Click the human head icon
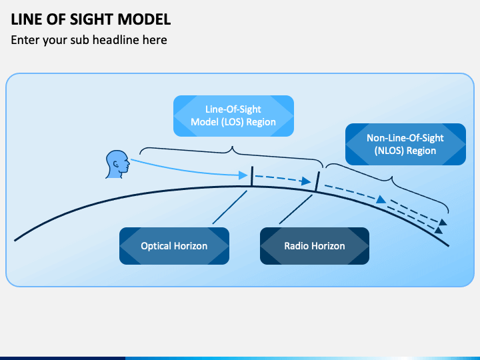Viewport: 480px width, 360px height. [117, 164]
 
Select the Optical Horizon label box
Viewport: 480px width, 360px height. [174, 246]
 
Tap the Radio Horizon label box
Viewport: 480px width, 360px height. [315, 246]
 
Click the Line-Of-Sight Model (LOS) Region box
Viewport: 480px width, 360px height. [233, 115]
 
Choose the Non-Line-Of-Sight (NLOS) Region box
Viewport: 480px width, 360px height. [405, 144]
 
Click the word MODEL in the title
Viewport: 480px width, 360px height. [147, 19]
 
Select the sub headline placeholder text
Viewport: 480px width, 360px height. [89, 40]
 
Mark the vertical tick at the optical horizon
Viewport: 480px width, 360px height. [251, 177]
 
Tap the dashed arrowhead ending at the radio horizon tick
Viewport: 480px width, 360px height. [306, 181]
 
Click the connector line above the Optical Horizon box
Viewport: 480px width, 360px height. [229, 207]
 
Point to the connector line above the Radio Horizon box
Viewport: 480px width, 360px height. [297, 209]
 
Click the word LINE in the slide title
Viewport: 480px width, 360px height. [27, 19]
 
